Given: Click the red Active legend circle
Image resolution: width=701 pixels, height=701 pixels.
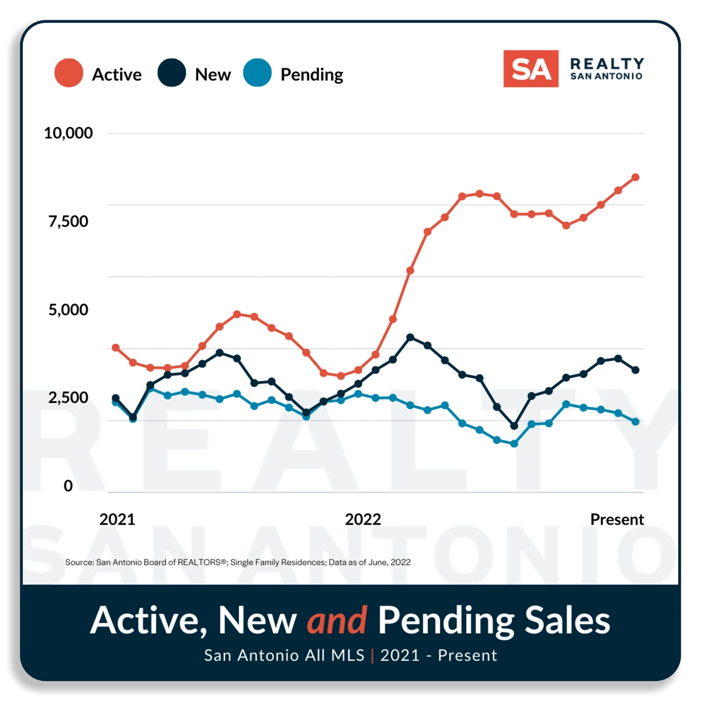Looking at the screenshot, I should coord(68,73).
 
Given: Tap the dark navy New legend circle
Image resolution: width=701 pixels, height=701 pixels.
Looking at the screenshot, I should coord(172,73).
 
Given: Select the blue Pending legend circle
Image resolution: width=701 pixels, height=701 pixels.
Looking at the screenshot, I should coord(258,73).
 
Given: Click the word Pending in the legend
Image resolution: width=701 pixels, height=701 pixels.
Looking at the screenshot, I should coord(311,75).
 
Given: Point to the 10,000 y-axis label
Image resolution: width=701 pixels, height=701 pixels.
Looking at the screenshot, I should coord(68,133).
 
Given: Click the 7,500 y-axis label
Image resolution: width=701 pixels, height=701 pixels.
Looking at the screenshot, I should coord(68,221).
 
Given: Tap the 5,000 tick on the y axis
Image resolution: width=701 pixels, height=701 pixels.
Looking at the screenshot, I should coord(68,310).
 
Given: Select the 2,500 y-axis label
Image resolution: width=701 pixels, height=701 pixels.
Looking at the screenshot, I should coord(68,398).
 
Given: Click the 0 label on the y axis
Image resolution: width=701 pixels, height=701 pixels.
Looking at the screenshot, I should coord(68,486).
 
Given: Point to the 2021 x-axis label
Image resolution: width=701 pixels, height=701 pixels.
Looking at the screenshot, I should coord(117,519).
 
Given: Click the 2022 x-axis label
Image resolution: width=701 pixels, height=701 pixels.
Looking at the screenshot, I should coord(363,519).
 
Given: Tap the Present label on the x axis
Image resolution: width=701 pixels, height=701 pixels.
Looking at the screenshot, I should coord(617,519).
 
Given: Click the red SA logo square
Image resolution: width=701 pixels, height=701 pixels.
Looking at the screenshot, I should coord(530,69).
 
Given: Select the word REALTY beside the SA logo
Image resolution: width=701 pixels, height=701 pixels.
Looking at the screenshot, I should coord(607,63).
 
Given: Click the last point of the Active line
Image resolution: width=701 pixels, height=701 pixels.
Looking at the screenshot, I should coord(636,177).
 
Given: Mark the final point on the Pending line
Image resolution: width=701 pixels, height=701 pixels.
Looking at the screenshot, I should coord(636,421).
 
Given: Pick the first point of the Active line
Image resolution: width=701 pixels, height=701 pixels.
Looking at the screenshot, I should coord(116,348).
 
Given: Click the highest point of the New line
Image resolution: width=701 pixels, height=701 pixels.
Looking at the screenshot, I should coord(410,337).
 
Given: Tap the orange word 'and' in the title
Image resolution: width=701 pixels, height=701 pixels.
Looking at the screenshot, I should coord(337,620).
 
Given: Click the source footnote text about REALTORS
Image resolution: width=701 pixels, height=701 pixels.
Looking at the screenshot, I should coord(238,562).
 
